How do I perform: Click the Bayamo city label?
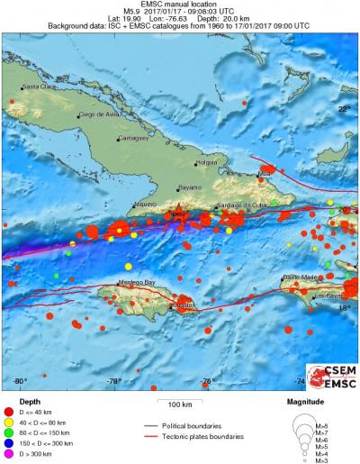[190, 187]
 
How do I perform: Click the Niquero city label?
[146, 205]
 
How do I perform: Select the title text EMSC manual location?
[180, 5]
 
